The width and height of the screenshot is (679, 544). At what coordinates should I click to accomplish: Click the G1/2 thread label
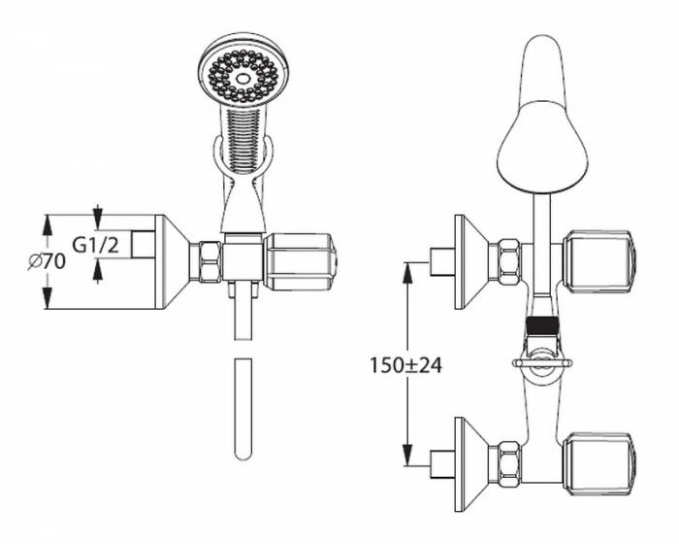(x=96, y=245)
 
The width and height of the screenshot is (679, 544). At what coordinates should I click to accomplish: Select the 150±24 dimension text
(x=404, y=365)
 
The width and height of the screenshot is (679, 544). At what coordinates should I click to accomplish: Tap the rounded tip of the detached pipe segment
(x=242, y=451)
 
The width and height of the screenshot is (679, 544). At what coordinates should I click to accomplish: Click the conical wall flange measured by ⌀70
(x=172, y=261)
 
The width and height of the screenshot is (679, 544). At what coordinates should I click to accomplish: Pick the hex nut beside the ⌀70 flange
(x=208, y=261)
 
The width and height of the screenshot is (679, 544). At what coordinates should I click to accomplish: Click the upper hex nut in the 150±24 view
(x=507, y=261)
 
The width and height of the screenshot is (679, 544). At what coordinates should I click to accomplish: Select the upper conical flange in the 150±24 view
(x=471, y=261)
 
